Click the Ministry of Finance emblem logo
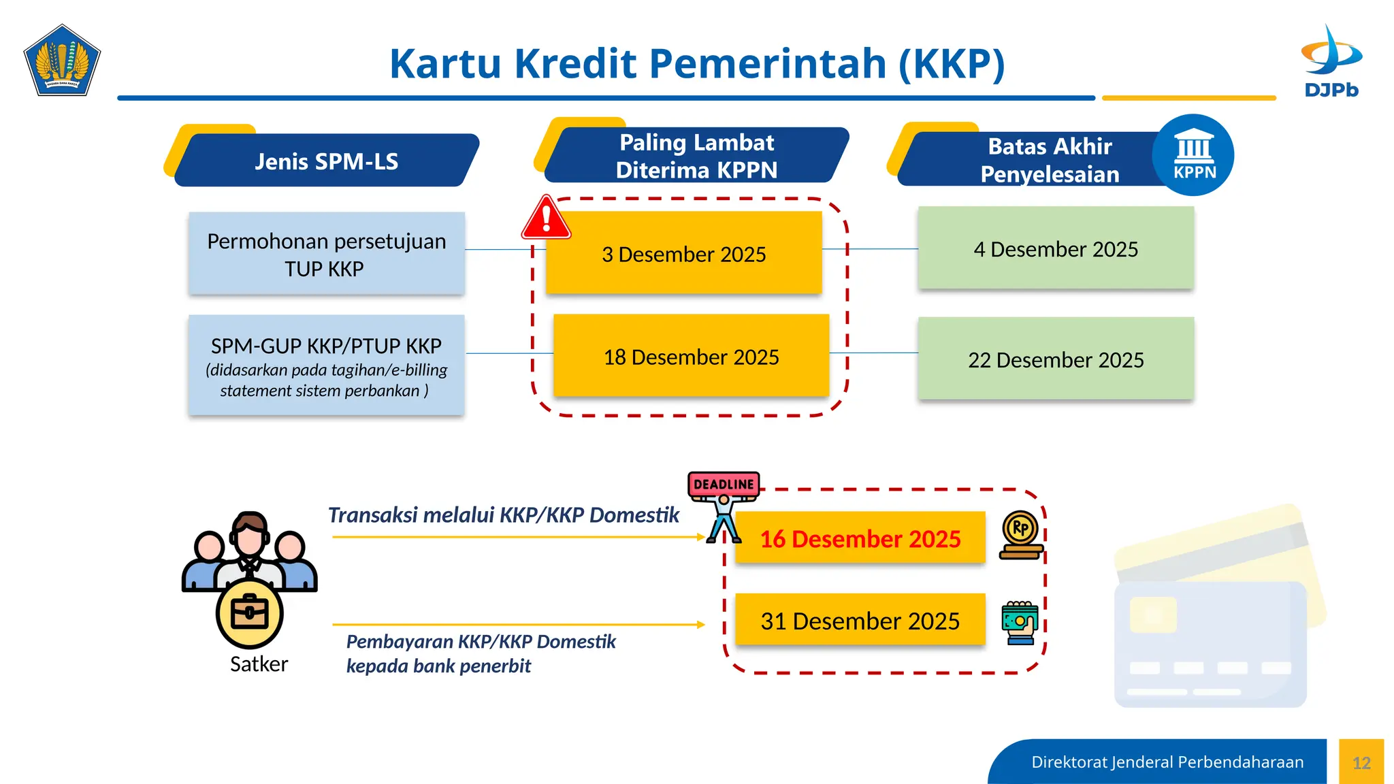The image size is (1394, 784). [x=62, y=61]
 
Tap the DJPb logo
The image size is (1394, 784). [x=1331, y=61]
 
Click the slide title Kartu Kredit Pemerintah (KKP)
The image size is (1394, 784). [x=696, y=64]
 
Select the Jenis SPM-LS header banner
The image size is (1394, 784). [x=326, y=161]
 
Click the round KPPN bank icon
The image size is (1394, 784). [x=1193, y=156]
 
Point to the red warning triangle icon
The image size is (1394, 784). [x=546, y=218]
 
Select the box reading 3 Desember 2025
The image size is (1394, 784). [x=683, y=254]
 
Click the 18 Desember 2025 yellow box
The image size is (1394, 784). [x=691, y=357]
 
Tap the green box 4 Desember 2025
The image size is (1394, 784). [x=1055, y=249]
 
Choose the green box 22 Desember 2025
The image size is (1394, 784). [x=1055, y=359]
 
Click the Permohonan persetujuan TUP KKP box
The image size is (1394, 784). [x=326, y=255]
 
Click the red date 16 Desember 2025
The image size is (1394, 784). [x=860, y=538]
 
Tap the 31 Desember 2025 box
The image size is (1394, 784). [x=860, y=621]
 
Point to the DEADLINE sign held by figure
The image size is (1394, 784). [x=724, y=484]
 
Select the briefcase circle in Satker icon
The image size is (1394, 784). [x=249, y=613]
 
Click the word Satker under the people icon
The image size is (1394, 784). [x=259, y=664]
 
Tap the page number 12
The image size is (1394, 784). [x=1361, y=763]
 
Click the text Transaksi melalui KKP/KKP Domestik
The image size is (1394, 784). [x=503, y=515]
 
